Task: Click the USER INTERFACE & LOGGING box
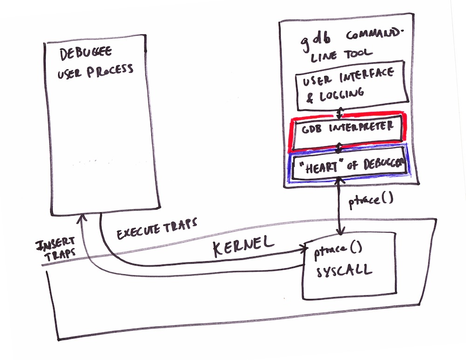click(352, 84)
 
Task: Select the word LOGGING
click(337, 93)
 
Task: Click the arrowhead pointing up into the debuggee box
click(82, 218)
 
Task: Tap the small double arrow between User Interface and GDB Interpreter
click(340, 112)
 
